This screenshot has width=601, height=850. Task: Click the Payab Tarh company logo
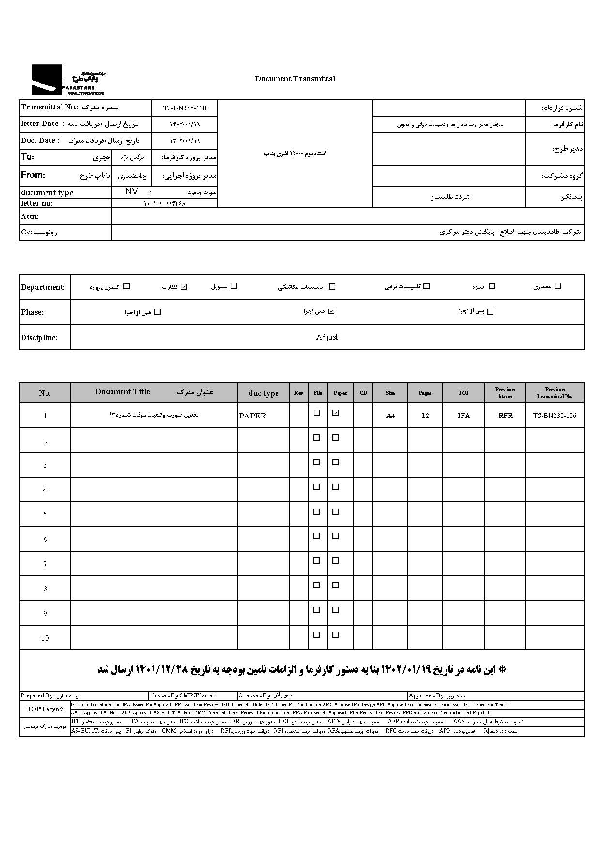(68, 80)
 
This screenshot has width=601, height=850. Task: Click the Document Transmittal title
(295, 79)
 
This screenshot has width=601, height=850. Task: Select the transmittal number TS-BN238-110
(185, 108)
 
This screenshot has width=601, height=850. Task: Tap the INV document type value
(131, 192)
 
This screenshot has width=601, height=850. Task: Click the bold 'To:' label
(28, 156)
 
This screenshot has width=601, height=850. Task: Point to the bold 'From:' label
(33, 175)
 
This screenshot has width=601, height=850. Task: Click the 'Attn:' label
(30, 216)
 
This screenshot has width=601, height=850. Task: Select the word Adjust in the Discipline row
(327, 337)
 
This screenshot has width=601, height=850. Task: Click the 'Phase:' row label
(32, 312)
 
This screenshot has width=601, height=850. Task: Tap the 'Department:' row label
(43, 287)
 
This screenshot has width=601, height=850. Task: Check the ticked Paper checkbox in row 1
(336, 413)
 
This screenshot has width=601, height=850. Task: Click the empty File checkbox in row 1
(317, 413)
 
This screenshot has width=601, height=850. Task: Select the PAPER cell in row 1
(253, 416)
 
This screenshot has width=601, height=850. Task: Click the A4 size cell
(390, 416)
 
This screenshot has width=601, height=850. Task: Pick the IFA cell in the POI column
(463, 416)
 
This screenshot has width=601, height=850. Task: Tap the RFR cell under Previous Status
(505, 416)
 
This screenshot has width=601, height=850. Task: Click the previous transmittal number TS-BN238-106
(555, 416)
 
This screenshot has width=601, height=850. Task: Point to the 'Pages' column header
(425, 393)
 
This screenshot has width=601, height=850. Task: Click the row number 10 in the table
(45, 638)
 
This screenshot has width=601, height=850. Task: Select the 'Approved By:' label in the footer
(427, 695)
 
